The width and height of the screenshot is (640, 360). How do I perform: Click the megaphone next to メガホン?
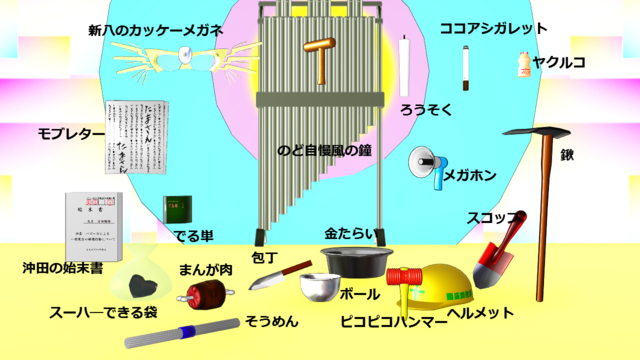click(426, 164)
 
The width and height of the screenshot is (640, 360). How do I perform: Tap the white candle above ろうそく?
click(405, 66)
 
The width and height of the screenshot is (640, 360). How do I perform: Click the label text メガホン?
click(469, 176)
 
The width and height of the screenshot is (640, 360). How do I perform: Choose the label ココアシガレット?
click(494, 29)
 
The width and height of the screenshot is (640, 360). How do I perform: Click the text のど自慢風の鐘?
click(324, 150)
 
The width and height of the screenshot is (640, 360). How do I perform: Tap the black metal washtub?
click(354, 262)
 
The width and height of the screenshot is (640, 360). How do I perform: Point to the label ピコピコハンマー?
click(393, 321)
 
